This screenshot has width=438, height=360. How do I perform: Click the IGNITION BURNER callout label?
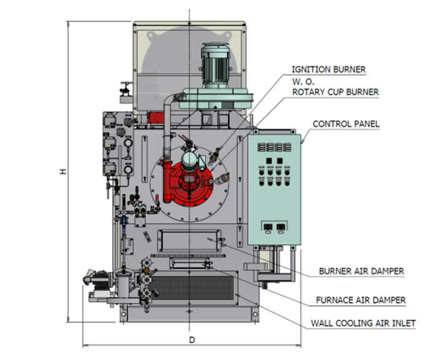pyautogui.click(x=328, y=69)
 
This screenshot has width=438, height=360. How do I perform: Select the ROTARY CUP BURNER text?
pyautogui.click(x=335, y=92)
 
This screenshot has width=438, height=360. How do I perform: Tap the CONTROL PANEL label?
pyautogui.click(x=346, y=124)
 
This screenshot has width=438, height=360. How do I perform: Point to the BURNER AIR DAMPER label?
pyautogui.click(x=361, y=271)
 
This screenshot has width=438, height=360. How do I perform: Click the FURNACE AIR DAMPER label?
pyautogui.click(x=360, y=300)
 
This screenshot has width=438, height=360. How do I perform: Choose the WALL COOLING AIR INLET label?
pyautogui.click(x=363, y=324)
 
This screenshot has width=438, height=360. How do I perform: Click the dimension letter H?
pyautogui.click(x=63, y=171)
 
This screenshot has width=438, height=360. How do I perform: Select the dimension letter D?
pyautogui.click(x=192, y=340)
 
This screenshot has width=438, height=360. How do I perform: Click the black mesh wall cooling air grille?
pyautogui.click(x=191, y=287)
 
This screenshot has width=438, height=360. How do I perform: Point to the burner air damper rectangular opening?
pyautogui.click(x=189, y=241)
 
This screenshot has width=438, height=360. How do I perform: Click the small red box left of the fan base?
pyautogui.click(x=155, y=117)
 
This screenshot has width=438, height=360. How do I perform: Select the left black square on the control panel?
pyautogui.click(x=269, y=161)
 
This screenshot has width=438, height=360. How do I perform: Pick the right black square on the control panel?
pyautogui.click(x=280, y=161)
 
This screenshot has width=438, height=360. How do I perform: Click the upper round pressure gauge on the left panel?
pyautogui.click(x=128, y=143)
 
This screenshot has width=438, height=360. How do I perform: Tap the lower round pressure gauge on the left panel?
pyautogui.click(x=128, y=169)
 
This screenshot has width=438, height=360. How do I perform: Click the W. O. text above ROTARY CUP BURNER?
pyautogui.click(x=303, y=82)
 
